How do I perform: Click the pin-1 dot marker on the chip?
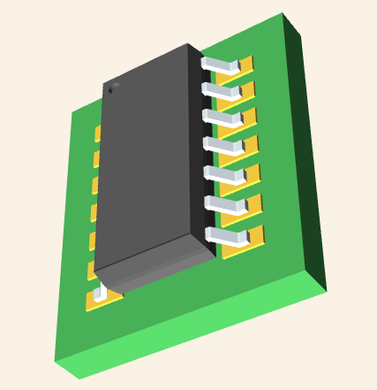(112, 88)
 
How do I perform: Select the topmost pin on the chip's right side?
(220, 65)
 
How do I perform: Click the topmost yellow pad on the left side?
(98, 134)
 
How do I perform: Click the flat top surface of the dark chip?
(150, 159)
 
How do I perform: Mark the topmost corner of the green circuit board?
(282, 14)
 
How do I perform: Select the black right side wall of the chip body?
(202, 159)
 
